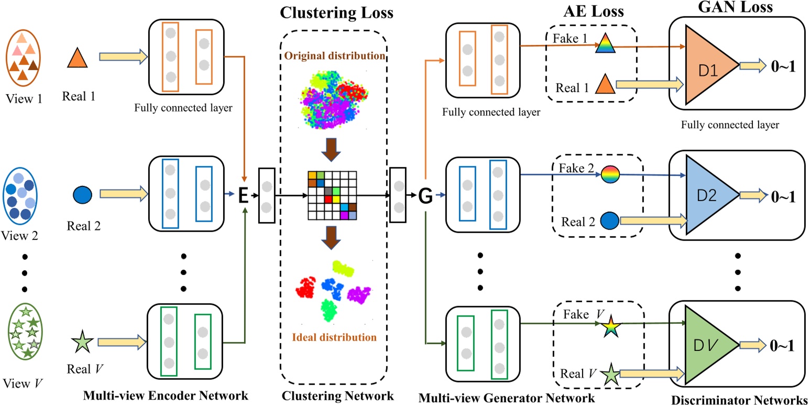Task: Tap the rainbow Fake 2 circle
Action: coord(610,174)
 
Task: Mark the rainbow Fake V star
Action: coord(609,327)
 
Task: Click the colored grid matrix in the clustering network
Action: coord(332,195)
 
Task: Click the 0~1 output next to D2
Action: coord(783,197)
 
